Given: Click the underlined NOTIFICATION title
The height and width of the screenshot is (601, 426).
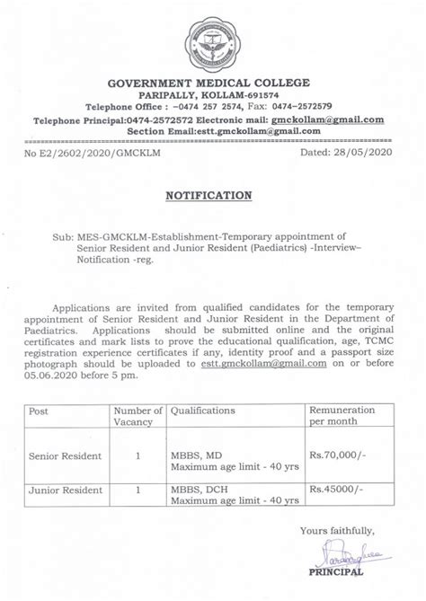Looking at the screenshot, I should point(213,195).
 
